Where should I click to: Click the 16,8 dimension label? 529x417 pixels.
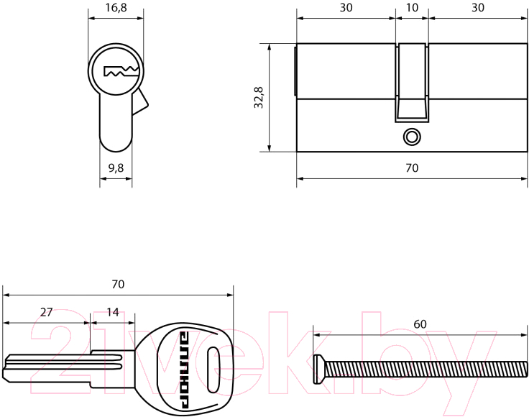(116, 8)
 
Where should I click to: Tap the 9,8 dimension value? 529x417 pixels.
(116, 168)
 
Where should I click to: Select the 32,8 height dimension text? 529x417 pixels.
(259, 97)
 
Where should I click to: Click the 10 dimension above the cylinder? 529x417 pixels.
(412, 7)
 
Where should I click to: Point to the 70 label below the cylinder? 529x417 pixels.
(412, 168)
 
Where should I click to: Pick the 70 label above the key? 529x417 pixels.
(118, 285)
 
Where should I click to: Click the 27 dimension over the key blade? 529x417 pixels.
(46, 312)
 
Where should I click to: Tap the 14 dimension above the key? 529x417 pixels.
(113, 312)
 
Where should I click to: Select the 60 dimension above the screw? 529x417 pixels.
(420, 324)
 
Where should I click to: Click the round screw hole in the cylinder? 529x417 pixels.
(412, 137)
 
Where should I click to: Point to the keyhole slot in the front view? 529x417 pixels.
(121, 71)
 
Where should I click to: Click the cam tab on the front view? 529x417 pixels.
(140, 102)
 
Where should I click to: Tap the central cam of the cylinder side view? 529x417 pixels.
(412, 83)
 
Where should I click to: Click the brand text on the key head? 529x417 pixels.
(185, 370)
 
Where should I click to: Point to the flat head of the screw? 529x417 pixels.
(318, 369)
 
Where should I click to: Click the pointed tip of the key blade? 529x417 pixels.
(4, 373)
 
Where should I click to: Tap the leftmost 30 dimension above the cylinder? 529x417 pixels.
(346, 7)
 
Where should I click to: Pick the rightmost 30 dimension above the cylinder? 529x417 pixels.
(478, 7)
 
